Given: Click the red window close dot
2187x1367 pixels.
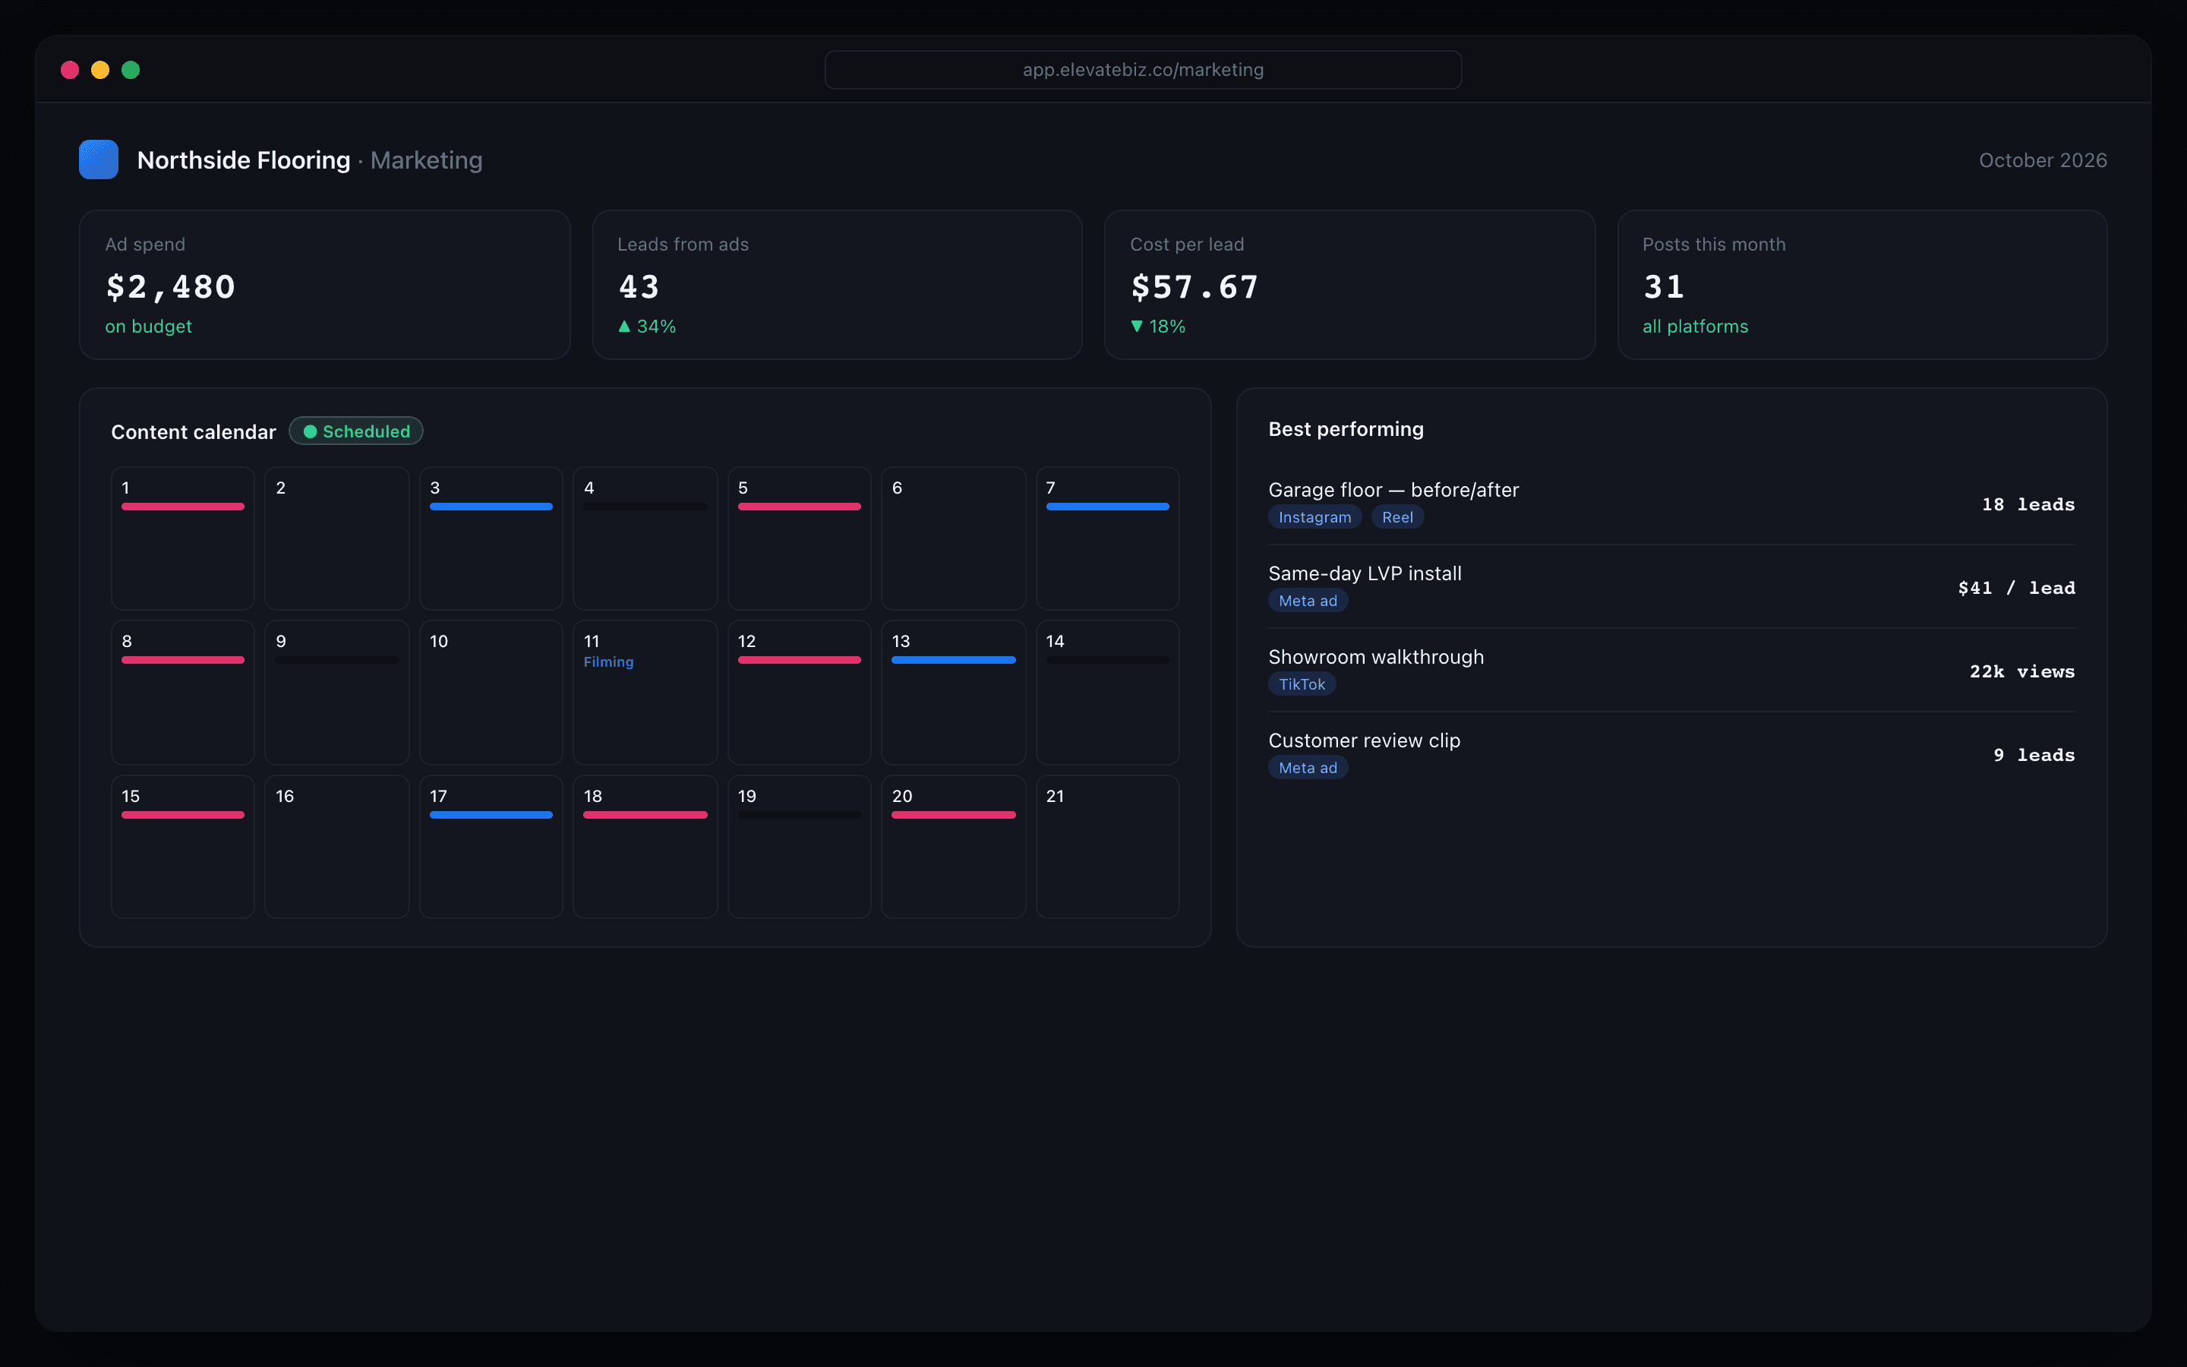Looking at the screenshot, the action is point(70,70).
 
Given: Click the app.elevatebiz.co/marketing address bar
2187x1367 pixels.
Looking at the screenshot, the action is point(1143,70).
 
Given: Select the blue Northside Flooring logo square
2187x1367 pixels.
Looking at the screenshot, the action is point(99,159).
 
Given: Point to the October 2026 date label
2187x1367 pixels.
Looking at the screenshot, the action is point(2043,160).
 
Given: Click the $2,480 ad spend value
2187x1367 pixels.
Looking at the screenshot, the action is point(171,286).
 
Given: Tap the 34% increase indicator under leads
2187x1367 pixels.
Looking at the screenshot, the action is point(647,327).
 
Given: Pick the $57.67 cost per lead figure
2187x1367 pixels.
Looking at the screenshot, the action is point(1194,286).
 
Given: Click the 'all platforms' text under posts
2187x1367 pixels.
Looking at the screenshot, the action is point(1694,327).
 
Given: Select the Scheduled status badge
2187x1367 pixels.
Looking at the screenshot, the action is point(356,431).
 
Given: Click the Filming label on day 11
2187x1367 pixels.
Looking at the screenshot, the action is point(608,661).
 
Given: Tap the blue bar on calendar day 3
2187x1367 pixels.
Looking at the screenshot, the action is point(491,507).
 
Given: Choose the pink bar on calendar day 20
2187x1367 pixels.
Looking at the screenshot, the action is point(954,815).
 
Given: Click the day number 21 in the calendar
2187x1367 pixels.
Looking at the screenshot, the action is point(1055,796).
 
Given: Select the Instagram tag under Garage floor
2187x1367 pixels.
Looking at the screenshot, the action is point(1315,517).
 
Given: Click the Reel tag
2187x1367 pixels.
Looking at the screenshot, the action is point(1397,517).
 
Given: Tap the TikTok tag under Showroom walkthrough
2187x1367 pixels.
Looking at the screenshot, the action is point(1302,684).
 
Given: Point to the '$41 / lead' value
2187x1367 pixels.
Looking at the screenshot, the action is point(2016,588).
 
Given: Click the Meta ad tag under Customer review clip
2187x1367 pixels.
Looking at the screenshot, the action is point(1308,768).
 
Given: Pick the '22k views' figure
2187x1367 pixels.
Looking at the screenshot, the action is point(2021,671).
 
